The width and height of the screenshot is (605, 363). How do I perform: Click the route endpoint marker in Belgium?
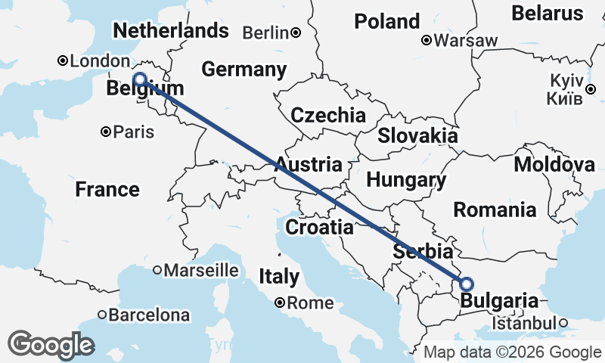click(139, 79)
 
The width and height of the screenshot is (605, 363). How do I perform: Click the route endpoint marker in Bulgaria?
click(467, 284)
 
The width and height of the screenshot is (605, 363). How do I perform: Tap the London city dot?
click(64, 61)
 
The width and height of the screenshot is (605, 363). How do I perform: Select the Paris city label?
click(134, 132)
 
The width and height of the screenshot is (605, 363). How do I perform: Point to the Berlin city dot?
click(296, 33)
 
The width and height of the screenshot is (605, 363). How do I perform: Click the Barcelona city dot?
click(102, 314)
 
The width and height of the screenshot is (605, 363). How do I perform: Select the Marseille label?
click(202, 270)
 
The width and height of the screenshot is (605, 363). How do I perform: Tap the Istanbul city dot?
click(563, 323)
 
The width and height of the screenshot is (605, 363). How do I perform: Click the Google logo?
click(51, 345)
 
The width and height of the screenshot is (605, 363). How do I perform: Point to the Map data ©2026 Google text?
click(512, 352)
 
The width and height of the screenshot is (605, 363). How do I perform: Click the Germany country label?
click(244, 70)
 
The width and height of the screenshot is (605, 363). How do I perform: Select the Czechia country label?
click(328, 116)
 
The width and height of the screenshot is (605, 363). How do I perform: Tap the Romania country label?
click(495, 210)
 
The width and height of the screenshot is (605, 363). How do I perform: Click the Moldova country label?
click(554, 166)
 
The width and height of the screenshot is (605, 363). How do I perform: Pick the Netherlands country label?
click(170, 30)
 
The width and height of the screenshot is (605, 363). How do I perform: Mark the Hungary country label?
click(406, 180)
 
